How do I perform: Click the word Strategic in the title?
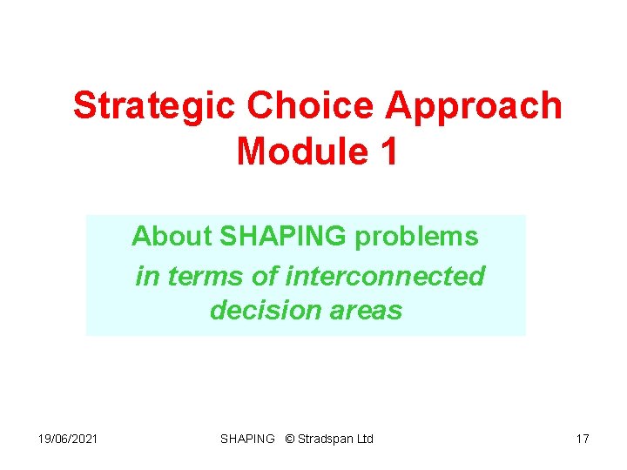[154, 106]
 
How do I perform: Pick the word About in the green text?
[172, 236]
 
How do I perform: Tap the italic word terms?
[199, 276]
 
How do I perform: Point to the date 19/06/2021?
[67, 439]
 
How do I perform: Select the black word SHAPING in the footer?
[247, 439]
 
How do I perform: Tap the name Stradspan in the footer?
[326, 439]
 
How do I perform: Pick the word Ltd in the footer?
[365, 439]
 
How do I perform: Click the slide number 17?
[583, 439]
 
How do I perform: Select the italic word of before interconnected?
[268, 276]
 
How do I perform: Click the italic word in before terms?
[147, 276]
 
